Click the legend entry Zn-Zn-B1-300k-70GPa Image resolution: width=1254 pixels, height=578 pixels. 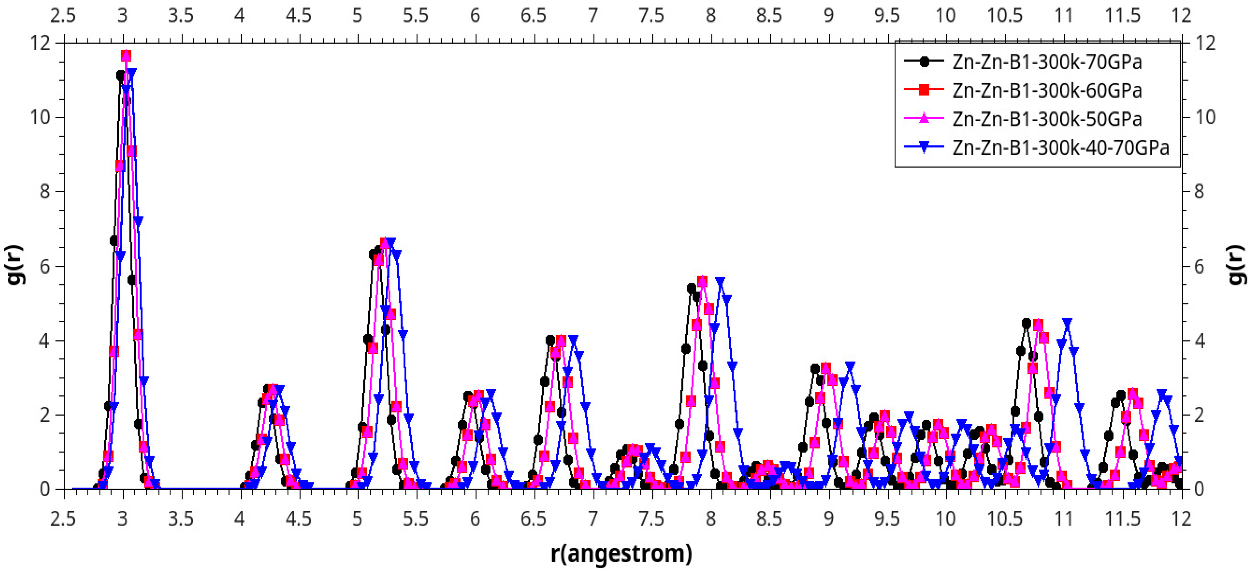[x=1046, y=62]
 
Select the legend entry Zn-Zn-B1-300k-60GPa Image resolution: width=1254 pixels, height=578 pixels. [x=1046, y=91]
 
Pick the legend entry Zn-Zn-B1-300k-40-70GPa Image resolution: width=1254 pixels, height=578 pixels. [x=1060, y=147]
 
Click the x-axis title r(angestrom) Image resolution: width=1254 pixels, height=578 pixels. [x=622, y=554]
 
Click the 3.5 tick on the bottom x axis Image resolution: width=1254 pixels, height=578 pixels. [x=181, y=519]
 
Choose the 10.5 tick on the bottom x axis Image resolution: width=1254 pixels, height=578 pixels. [x=1005, y=519]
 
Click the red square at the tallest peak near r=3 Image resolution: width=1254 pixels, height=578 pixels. [x=126, y=55]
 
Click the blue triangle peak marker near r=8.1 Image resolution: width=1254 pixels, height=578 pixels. [x=721, y=281]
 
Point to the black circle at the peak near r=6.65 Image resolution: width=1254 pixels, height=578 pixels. [x=551, y=340]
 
